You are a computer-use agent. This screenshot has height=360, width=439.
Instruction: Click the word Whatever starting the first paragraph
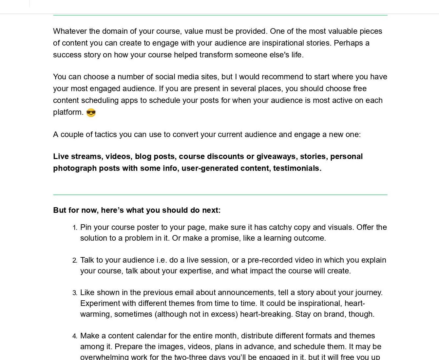click(70, 31)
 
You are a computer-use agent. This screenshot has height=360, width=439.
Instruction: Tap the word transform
click(216, 55)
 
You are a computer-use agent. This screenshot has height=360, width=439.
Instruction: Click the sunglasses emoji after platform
click(91, 112)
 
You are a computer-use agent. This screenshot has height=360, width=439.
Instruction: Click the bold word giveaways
click(276, 156)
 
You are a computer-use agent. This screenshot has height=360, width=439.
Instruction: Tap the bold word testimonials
click(297, 168)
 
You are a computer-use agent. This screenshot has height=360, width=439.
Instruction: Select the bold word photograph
click(75, 168)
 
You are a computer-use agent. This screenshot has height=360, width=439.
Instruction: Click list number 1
click(75, 228)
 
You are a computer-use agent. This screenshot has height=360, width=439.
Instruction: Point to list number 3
click(75, 293)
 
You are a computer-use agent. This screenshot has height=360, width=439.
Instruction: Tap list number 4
click(75, 336)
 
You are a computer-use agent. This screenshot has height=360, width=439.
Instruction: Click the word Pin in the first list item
click(86, 227)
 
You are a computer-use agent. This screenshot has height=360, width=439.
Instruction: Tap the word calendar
click(151, 336)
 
